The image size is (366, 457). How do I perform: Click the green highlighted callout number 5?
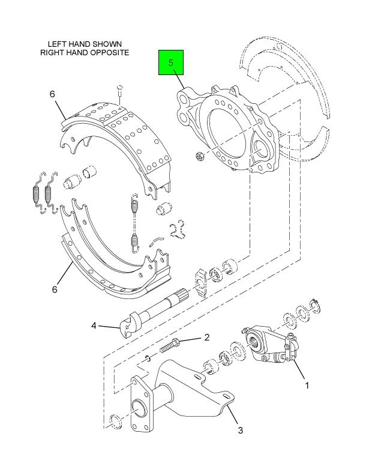pyautogui.click(x=171, y=62)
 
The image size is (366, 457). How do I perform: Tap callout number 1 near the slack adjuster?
pyautogui.click(x=307, y=386)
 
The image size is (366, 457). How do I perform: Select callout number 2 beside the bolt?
pyautogui.click(x=207, y=337)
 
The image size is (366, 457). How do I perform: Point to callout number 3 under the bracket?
pyautogui.click(x=240, y=430)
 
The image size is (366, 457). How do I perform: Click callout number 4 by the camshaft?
pyautogui.click(x=94, y=325)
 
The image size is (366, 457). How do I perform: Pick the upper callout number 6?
pyautogui.click(x=52, y=94)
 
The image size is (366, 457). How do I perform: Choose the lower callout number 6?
pyautogui.click(x=55, y=289)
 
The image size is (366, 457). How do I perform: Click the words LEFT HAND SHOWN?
pyautogui.click(x=85, y=44)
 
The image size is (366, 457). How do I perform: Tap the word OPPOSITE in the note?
pyautogui.click(x=110, y=52)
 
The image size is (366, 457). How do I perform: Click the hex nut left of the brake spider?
pyautogui.click(x=200, y=157)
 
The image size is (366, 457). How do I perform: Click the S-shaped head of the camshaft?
pyautogui.click(x=129, y=324)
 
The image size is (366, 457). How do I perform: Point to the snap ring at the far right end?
pyautogui.click(x=316, y=305)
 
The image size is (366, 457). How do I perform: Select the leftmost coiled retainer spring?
pyautogui.click(x=36, y=193)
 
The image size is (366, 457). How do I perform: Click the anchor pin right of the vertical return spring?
pyautogui.click(x=164, y=208)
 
